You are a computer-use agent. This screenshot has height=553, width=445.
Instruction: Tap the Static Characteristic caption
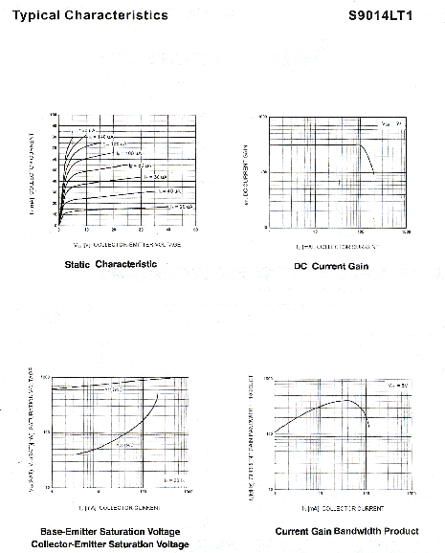coord(110,263)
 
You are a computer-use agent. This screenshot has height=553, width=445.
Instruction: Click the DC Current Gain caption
coord(331,266)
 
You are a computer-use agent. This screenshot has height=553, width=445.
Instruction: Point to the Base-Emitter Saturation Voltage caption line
coord(110,531)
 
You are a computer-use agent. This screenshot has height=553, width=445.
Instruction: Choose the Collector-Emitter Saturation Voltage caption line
coord(110,543)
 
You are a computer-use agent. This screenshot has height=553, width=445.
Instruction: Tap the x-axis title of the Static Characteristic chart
coord(127,244)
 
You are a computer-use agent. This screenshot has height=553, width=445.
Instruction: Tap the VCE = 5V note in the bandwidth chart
coord(395,386)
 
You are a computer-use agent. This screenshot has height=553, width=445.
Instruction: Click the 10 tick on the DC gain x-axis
coord(315,232)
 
